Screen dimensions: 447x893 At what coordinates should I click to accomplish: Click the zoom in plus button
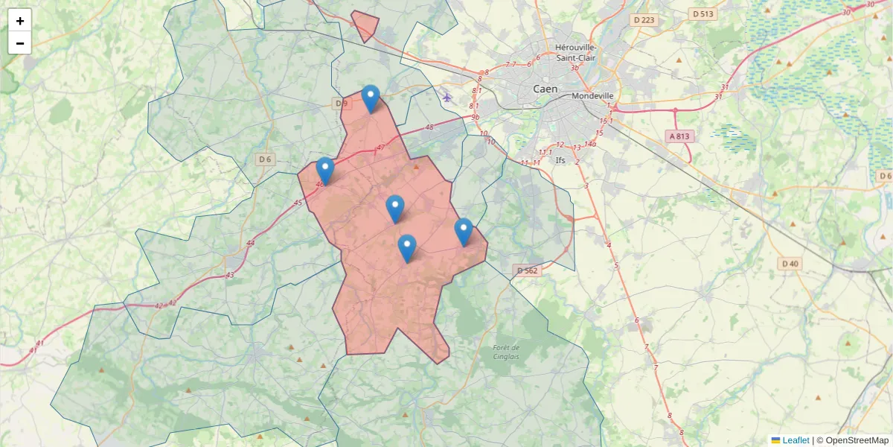tap(20, 21)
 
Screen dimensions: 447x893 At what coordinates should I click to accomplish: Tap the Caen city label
tap(545, 89)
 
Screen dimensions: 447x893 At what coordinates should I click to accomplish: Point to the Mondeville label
tap(593, 96)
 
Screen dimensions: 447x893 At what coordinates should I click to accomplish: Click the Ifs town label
tap(560, 160)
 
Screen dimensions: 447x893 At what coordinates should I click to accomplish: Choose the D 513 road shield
tap(702, 13)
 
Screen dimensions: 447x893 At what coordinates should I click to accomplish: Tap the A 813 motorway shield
tap(679, 136)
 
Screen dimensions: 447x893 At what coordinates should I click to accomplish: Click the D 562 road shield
tap(526, 270)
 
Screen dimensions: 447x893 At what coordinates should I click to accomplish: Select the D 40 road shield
tap(790, 264)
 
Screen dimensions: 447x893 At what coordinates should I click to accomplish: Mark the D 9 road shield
tap(342, 104)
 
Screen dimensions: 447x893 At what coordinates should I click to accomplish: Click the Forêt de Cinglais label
tap(506, 352)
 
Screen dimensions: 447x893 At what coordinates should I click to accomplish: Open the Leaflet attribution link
tap(796, 440)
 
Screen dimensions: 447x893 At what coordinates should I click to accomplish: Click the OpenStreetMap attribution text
tap(852, 440)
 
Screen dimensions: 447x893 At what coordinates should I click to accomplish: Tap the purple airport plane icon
tap(446, 96)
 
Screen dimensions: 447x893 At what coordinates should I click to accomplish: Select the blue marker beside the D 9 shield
tap(371, 98)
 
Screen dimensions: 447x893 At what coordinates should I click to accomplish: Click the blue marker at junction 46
tap(324, 171)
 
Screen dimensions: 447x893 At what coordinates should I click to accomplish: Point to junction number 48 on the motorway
tap(429, 127)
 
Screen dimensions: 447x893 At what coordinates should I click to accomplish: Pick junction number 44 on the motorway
tap(250, 243)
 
